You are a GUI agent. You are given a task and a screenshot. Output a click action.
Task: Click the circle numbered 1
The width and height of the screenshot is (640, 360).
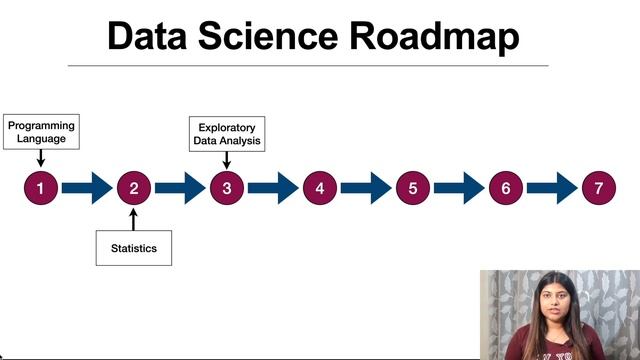[40, 187]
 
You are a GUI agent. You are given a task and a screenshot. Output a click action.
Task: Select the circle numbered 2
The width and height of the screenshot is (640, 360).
[133, 187]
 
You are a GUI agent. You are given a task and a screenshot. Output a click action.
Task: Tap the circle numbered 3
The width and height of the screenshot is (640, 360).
[226, 187]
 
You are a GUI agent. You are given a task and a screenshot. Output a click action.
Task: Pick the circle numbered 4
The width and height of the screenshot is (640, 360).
[319, 187]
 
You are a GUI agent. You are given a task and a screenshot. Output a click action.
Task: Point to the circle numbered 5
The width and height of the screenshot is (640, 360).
[412, 187]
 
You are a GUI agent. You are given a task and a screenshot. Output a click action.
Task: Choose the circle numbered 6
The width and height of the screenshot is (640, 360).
[505, 187]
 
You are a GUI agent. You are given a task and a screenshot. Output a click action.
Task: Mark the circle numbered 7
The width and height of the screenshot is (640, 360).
[598, 187]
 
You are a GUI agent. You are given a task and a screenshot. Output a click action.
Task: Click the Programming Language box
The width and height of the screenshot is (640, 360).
[40, 132]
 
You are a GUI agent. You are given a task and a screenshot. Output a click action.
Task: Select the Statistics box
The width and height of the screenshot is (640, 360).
[133, 248]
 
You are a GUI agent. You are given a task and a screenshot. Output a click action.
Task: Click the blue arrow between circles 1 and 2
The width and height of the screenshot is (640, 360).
[87, 187]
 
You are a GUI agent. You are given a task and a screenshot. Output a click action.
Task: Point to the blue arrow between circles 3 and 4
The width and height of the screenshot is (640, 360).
[273, 187]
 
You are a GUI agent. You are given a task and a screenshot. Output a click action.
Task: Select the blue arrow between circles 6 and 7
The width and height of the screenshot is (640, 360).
[552, 187]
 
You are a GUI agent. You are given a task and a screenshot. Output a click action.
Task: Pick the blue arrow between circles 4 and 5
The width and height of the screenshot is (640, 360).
[366, 187]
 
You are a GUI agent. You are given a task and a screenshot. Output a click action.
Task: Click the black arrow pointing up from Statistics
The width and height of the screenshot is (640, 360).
[133, 218]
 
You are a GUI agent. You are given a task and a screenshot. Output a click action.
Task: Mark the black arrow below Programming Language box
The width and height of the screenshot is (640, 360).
[40, 158]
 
